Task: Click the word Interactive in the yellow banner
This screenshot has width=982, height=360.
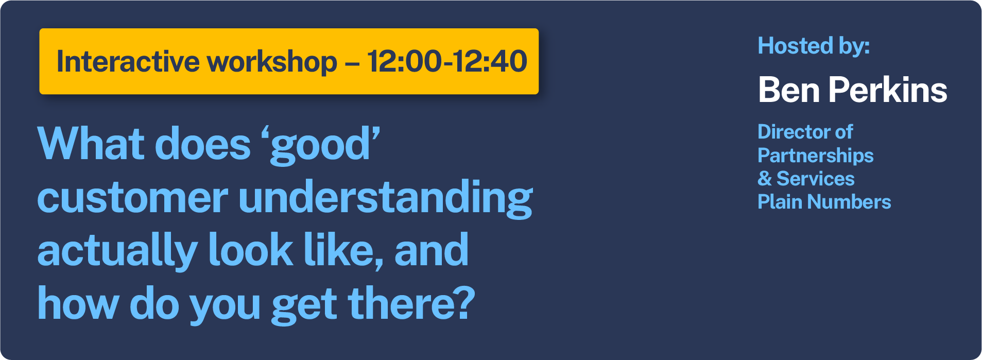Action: click(128, 61)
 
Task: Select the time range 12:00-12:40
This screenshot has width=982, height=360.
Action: click(447, 61)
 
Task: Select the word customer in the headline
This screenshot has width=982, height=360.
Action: click(132, 198)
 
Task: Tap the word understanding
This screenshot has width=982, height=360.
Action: click(386, 198)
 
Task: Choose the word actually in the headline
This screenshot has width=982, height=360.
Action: click(118, 251)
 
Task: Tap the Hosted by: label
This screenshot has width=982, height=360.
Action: click(814, 46)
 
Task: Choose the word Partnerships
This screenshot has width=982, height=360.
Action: click(816, 156)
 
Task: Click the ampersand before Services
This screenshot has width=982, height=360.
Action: click(765, 179)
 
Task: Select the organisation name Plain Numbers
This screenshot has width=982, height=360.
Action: click(824, 202)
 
